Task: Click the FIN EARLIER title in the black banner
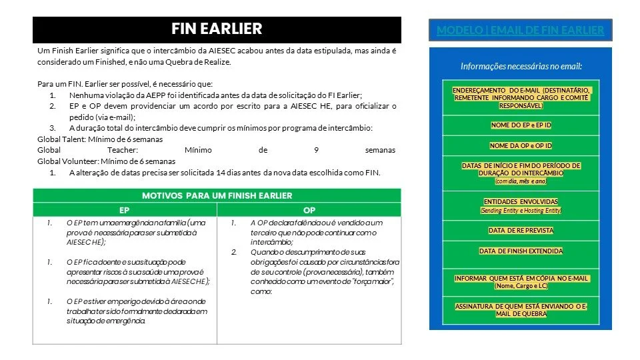pyautogui.click(x=217, y=29)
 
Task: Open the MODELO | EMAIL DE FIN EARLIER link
pyautogui.click(x=520, y=30)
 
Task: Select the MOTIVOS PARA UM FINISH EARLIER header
pyautogui.click(x=217, y=195)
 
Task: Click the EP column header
pyautogui.click(x=125, y=209)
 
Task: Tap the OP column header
pyautogui.click(x=309, y=209)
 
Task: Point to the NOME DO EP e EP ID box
pyautogui.click(x=521, y=125)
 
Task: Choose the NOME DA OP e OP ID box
pyautogui.click(x=521, y=145)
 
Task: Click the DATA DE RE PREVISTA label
pyautogui.click(x=521, y=231)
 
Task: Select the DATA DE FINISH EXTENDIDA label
pyautogui.click(x=521, y=251)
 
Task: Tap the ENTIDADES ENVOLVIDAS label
pyautogui.click(x=521, y=201)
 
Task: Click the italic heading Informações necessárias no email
pyautogui.click(x=521, y=66)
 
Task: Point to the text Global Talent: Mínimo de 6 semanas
pyautogui.click(x=100, y=139)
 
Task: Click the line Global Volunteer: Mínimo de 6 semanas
pyautogui.click(x=106, y=161)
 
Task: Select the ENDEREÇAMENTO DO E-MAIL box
pyautogui.click(x=521, y=97)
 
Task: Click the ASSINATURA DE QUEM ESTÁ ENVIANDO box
pyautogui.click(x=521, y=310)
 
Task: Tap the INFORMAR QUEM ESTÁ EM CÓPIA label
pyautogui.click(x=521, y=278)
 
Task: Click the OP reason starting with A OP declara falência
pyautogui.click(x=315, y=227)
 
